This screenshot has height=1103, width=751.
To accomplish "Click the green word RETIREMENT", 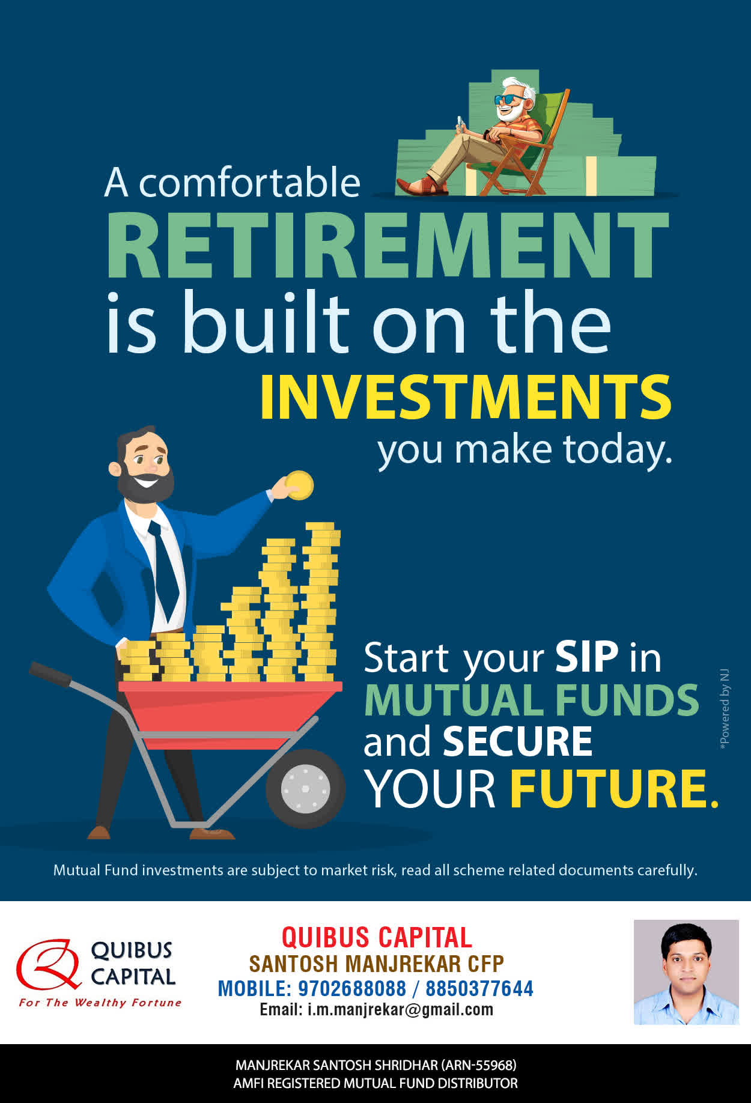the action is [x=388, y=245].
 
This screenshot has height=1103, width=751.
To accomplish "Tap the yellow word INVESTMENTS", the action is [x=466, y=397].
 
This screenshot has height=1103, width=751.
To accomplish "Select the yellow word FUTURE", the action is [x=614, y=788].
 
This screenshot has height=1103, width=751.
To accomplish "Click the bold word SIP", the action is [x=586, y=657].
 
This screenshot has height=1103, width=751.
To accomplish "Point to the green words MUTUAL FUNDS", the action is [x=532, y=700].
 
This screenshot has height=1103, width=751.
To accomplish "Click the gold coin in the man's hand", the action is [x=299, y=485].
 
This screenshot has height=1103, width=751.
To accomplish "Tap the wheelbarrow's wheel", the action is [x=305, y=788].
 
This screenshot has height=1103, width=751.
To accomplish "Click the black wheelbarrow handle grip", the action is [x=50, y=673].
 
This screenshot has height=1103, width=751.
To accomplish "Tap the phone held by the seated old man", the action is [x=461, y=124].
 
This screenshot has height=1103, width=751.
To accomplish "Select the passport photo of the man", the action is [x=686, y=972].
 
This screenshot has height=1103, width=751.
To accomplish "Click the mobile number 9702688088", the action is [x=352, y=988].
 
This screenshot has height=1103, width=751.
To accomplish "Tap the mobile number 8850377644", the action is [x=479, y=988].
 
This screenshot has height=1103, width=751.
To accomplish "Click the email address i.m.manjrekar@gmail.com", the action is [x=400, y=1009].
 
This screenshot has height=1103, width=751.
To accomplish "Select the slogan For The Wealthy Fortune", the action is [x=100, y=1003].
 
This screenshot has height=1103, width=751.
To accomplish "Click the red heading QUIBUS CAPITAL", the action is [x=377, y=937].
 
